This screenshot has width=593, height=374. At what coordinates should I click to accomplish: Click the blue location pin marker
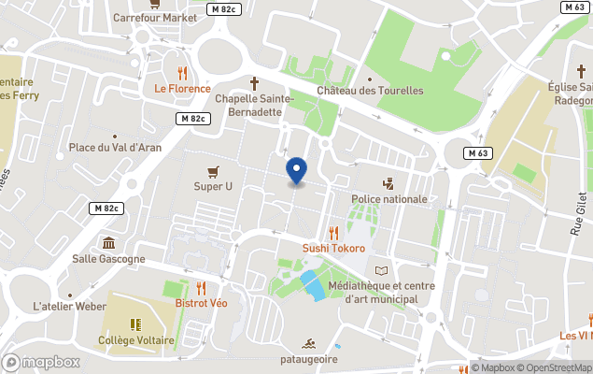[296, 170]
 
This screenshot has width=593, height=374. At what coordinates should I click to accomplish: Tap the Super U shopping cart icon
[214, 171]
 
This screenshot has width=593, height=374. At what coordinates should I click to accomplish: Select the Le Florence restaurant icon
[182, 73]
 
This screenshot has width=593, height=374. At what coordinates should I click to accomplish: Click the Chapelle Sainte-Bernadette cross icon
[254, 82]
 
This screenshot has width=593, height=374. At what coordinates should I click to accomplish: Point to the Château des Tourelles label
[370, 91]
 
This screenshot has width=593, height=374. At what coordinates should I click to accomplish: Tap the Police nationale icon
[388, 183]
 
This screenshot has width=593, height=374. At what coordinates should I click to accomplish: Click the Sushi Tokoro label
[333, 248]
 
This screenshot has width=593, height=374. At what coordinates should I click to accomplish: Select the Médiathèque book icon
[380, 270]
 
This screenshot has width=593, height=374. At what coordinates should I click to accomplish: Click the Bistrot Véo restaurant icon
[201, 288]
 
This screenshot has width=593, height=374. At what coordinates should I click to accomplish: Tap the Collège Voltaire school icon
[135, 324]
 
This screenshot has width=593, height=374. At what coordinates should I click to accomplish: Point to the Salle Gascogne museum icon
[108, 243]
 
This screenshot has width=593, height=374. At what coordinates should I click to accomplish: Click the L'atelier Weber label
[69, 307]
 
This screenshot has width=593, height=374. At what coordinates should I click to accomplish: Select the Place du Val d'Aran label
[115, 148]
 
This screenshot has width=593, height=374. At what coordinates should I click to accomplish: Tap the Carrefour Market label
[155, 17]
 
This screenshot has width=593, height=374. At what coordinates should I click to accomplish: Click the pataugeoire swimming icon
[307, 343]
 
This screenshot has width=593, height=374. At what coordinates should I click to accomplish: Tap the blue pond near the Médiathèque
[313, 285]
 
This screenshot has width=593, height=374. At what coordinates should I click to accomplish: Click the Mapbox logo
[42, 362]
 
